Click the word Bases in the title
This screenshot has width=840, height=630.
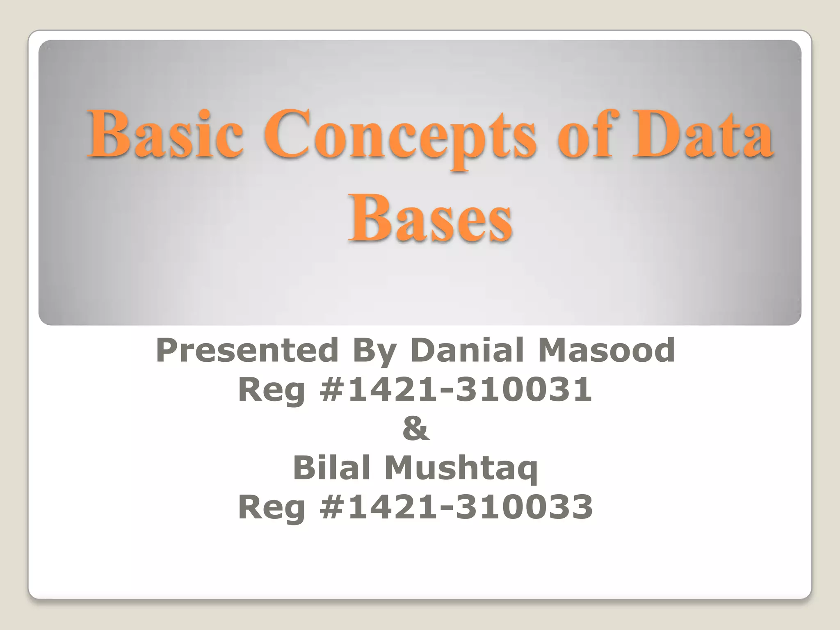point(430,217)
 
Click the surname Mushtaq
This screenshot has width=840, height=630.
point(461,468)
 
